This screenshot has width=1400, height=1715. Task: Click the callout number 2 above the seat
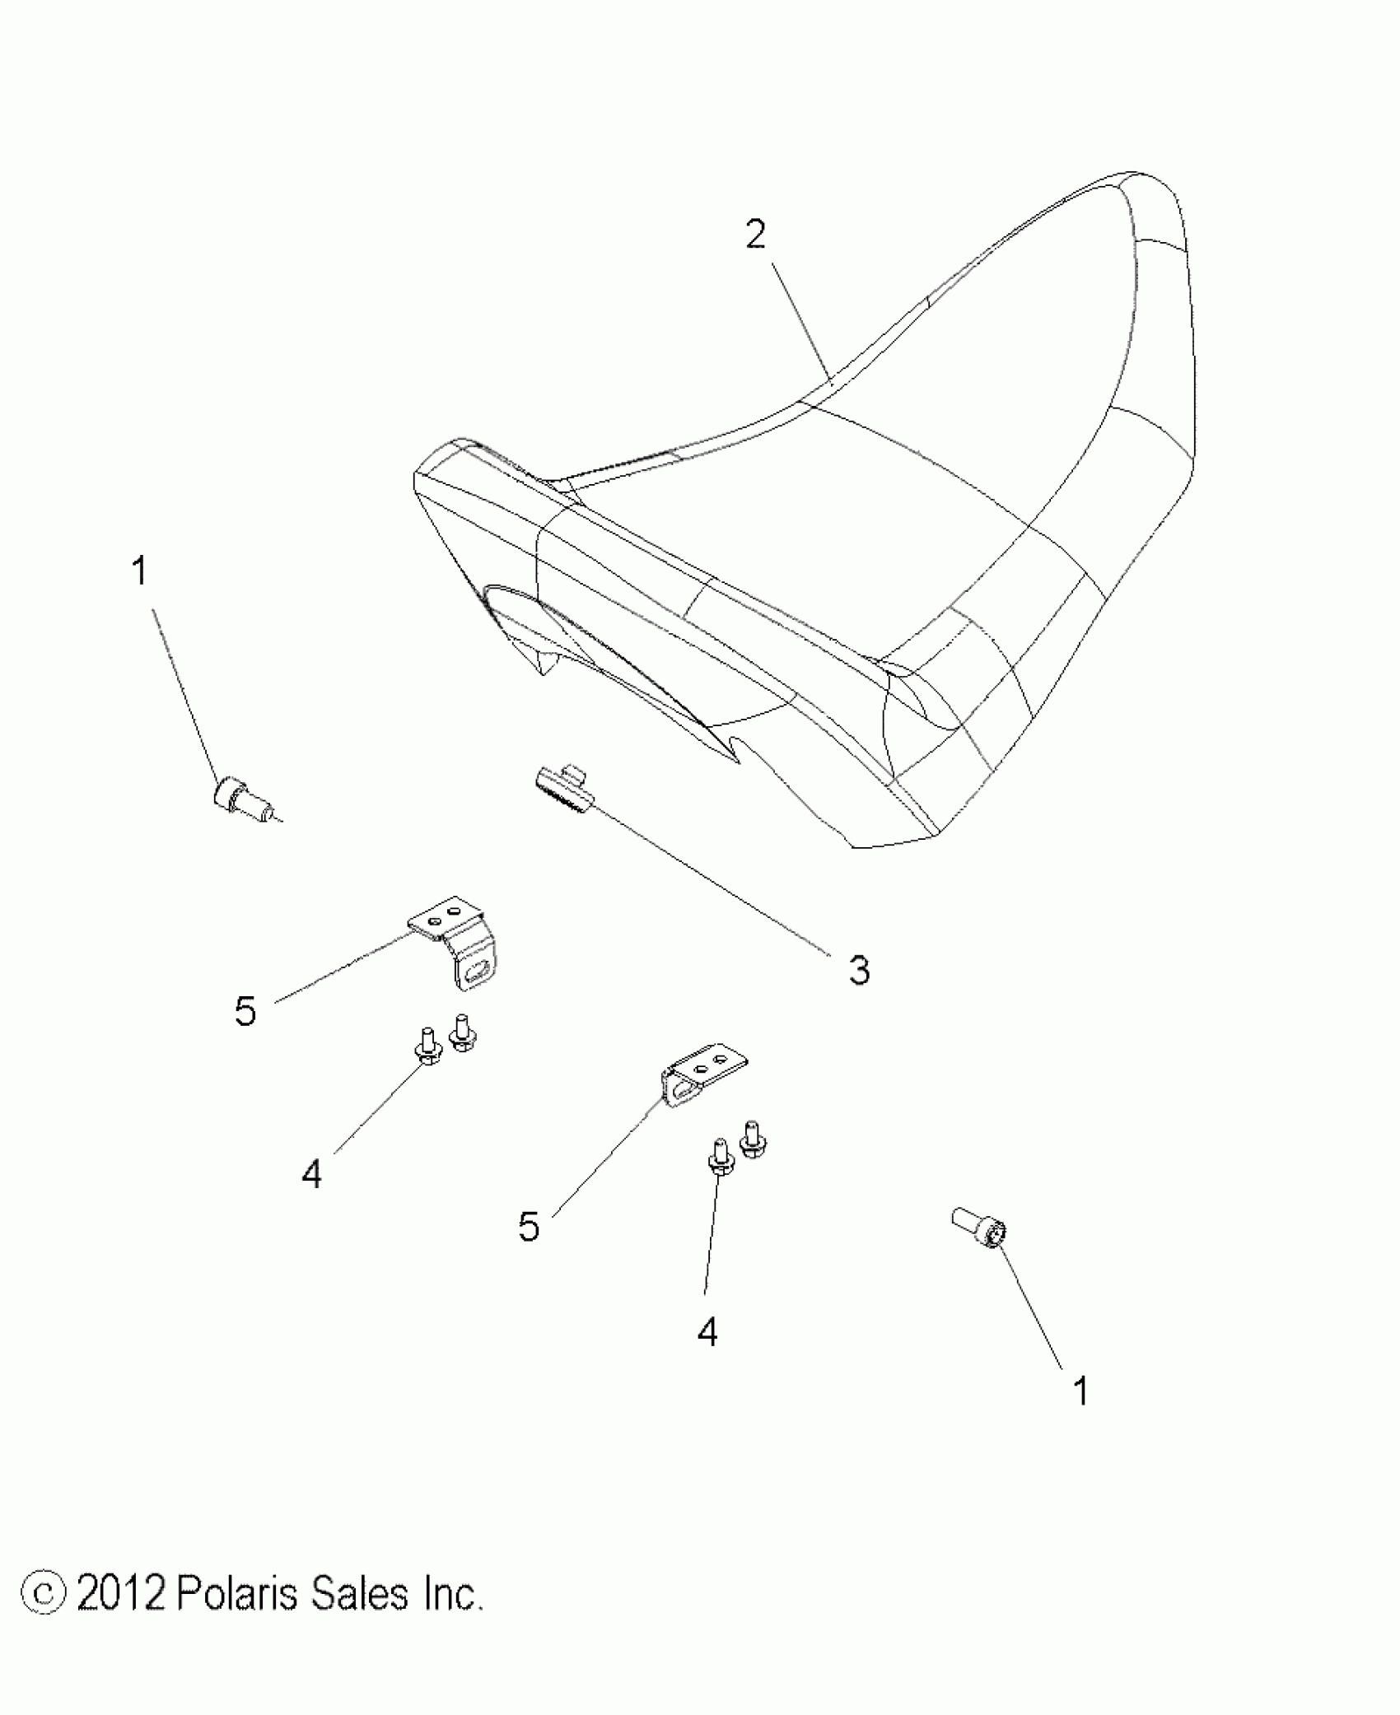[755, 236]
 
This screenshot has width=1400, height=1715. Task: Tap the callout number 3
[859, 972]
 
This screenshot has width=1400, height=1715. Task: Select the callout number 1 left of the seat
[140, 571]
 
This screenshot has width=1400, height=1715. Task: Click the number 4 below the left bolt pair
[311, 1174]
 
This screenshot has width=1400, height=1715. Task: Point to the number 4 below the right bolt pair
[707, 1331]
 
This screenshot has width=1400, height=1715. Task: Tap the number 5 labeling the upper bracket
[245, 1011]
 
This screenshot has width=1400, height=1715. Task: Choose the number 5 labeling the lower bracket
[529, 1251]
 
